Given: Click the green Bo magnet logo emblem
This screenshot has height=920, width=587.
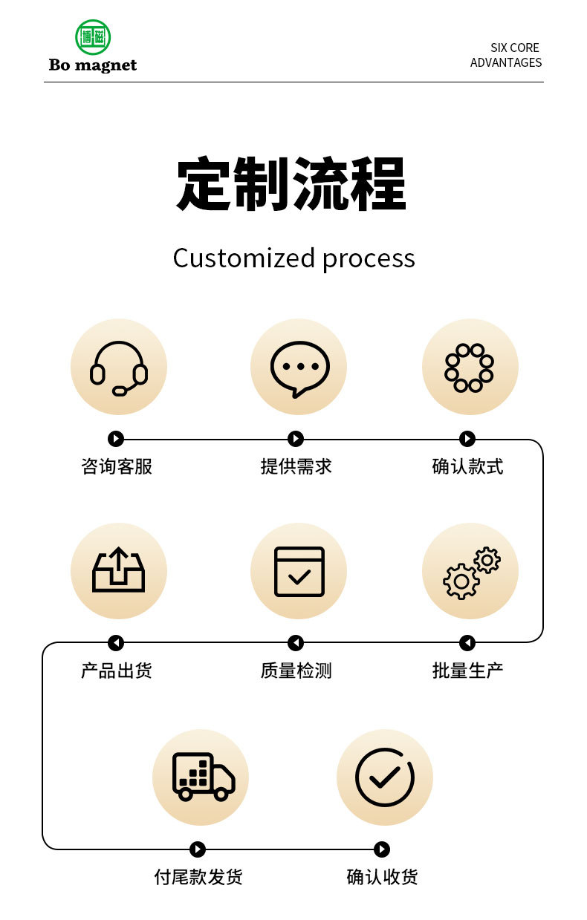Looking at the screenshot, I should click(93, 37).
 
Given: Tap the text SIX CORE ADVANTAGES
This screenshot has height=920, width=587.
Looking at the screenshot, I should click(506, 55).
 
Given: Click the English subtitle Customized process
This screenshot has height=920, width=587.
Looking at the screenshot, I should click(293, 258).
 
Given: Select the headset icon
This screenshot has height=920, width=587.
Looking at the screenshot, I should click(119, 368).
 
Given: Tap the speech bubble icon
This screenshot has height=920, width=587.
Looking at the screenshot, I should click(299, 368).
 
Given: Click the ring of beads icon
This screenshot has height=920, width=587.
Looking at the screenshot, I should click(470, 367).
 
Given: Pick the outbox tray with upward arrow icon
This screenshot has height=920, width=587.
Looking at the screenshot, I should click(119, 570).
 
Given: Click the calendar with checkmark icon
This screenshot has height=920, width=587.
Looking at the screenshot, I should click(299, 571).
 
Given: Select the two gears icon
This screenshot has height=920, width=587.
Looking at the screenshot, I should click(470, 572).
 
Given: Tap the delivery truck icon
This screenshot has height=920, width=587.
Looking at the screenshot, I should click(202, 777).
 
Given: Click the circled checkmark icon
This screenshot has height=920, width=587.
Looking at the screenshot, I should click(384, 777).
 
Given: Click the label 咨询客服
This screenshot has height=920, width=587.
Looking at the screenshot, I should click(117, 466).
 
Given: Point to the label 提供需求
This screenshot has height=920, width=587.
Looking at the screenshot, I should click(296, 466).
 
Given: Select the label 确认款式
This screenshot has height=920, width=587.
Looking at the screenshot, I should click(467, 466).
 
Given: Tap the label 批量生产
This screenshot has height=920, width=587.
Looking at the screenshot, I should click(467, 671).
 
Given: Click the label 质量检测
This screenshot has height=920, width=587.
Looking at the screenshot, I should click(296, 671).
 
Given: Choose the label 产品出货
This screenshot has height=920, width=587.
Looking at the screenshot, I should click(117, 671).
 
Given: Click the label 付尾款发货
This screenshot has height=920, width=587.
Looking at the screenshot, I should click(198, 877).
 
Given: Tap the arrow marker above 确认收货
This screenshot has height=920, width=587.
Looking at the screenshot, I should click(382, 849).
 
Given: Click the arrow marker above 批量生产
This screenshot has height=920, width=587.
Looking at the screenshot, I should click(467, 643).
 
